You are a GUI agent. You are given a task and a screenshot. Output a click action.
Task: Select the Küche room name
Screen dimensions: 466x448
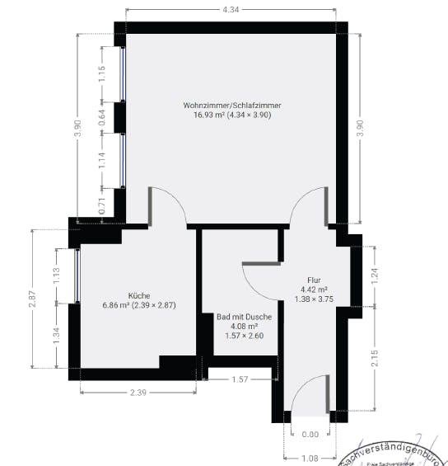(138, 295)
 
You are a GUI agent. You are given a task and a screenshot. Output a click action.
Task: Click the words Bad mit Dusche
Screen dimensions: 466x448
(243, 316)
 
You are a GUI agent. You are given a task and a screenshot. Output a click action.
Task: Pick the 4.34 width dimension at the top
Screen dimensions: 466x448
(231, 9)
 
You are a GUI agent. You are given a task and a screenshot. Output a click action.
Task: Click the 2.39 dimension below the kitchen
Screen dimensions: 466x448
(138, 393)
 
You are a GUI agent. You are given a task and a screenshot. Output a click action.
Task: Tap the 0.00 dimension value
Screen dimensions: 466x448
(310, 435)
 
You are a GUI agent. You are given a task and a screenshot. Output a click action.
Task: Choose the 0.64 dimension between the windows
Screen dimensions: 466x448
(102, 117)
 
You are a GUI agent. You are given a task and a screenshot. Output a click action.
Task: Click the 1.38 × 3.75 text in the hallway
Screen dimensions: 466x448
(314, 299)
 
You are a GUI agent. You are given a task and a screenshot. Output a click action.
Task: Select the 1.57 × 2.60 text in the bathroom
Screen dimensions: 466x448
(243, 336)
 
